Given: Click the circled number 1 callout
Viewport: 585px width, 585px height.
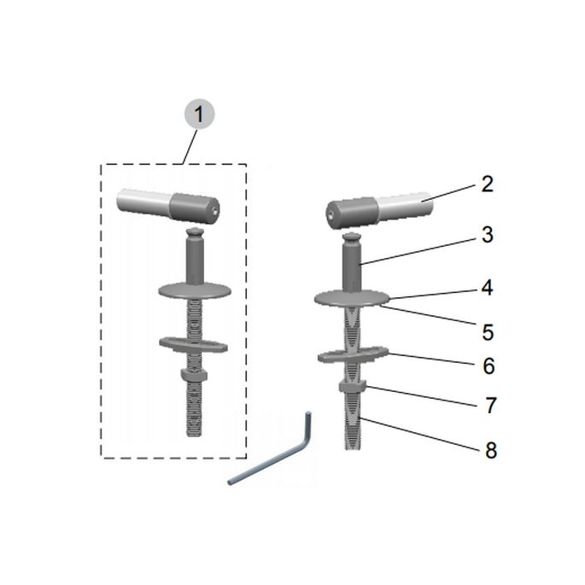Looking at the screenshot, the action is [200, 114].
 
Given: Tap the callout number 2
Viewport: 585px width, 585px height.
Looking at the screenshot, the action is [488, 184].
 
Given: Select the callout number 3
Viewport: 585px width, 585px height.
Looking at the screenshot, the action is [488, 235].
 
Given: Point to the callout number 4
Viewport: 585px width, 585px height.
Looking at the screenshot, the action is [487, 288].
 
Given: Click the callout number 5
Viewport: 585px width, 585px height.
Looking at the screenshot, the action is [488, 332].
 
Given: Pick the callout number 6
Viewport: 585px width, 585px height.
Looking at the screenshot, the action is [488, 366].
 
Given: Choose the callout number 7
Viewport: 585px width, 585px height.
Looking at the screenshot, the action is [491, 405].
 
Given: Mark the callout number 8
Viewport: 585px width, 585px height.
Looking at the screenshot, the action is [491, 450].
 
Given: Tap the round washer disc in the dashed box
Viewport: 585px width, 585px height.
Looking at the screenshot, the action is [195, 290].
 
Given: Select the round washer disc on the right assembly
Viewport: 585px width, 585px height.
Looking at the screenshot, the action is [352, 298].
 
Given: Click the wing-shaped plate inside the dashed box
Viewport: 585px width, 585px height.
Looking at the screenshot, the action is [193, 344].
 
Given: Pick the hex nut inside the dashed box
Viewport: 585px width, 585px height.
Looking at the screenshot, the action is [194, 375].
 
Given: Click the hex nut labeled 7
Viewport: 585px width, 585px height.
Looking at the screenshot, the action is [352, 386].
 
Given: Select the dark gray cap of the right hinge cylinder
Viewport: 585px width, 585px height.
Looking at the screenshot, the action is [352, 213].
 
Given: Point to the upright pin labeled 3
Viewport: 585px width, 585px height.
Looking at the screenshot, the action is [352, 263].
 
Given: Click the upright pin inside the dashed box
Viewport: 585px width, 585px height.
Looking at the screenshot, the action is [195, 257].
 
